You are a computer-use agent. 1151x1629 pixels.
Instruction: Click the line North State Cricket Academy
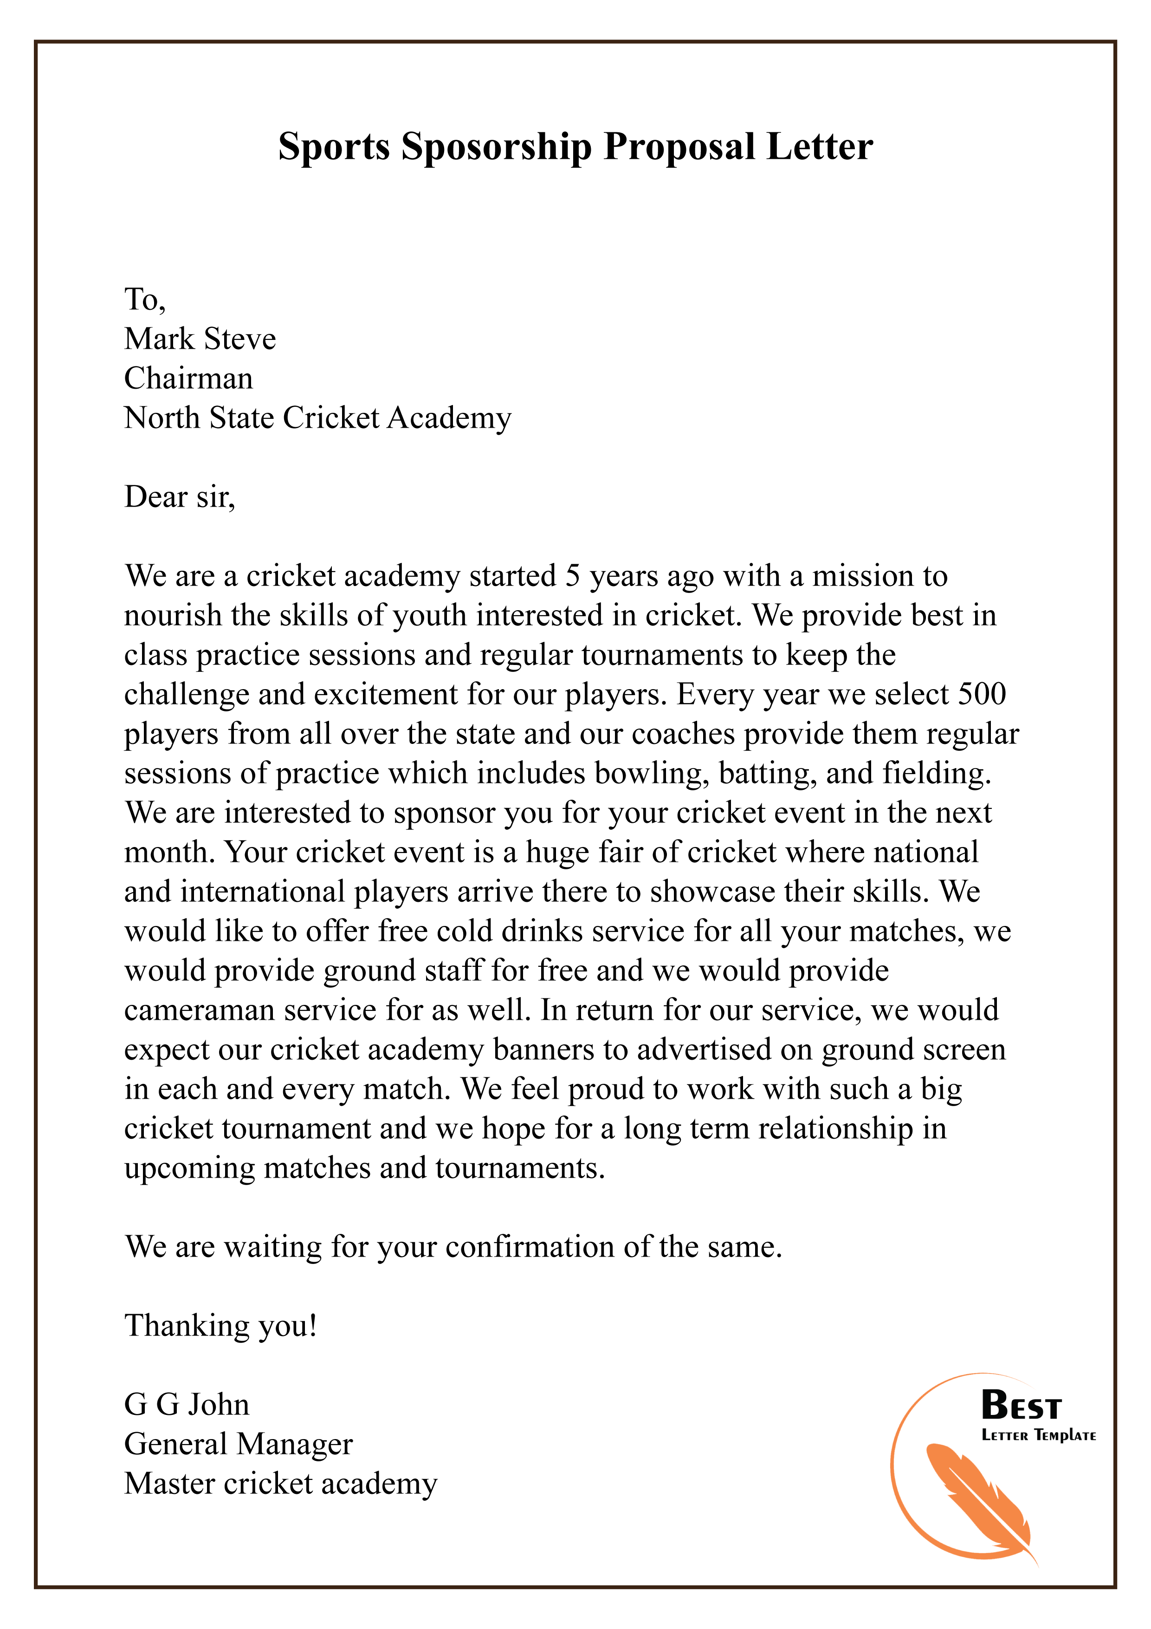(317, 418)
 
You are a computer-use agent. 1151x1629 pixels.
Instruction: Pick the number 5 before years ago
(572, 576)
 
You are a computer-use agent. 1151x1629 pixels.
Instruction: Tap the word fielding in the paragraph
(936, 773)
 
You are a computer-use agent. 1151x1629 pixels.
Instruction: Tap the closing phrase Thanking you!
(220, 1325)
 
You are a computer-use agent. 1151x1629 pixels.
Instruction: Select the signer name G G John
(187, 1405)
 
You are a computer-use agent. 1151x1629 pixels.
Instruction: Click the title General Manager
(238, 1444)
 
